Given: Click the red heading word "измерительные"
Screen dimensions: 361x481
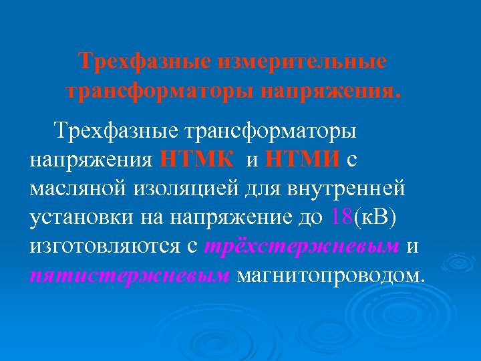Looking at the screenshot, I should (301, 62).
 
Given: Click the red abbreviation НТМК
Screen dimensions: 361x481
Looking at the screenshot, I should (197, 160).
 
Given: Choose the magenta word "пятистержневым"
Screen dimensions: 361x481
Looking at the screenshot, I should (130, 275).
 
